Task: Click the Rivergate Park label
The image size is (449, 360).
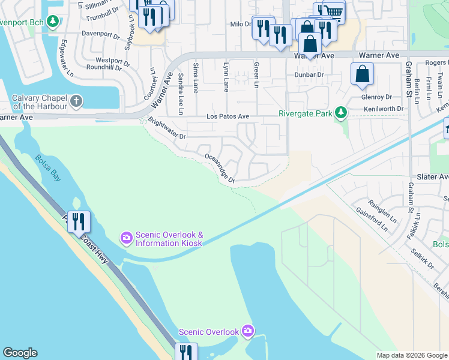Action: click(x=306, y=113)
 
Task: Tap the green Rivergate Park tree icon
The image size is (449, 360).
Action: click(x=341, y=112)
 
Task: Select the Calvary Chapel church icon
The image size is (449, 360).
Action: click(x=76, y=101)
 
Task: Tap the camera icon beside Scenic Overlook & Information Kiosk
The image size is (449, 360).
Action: click(x=126, y=238)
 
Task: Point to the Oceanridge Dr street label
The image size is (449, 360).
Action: click(x=220, y=168)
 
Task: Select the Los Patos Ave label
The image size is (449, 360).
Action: click(x=228, y=116)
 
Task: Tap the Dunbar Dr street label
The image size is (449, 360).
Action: click(x=309, y=75)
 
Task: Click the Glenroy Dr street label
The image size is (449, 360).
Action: click(x=376, y=97)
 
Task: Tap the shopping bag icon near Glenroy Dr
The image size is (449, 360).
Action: click(x=363, y=74)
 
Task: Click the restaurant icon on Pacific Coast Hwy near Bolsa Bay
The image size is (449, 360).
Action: click(x=79, y=221)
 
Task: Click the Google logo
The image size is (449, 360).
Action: click(x=20, y=353)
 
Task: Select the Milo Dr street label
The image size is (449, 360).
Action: click(x=240, y=24)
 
